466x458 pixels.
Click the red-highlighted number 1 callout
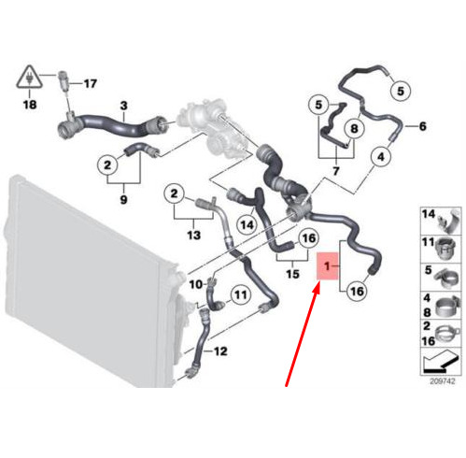(x=327, y=266)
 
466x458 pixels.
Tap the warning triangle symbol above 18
(x=29, y=77)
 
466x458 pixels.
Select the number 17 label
(x=91, y=84)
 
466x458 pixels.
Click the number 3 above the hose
(x=124, y=106)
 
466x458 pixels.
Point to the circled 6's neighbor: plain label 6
(x=422, y=126)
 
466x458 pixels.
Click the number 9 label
(x=123, y=199)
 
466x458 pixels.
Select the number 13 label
(x=193, y=235)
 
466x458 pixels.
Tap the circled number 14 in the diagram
(x=247, y=224)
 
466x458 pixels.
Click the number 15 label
(x=292, y=274)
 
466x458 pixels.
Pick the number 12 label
(x=220, y=351)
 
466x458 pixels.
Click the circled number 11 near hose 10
(x=241, y=294)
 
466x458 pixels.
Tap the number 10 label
(x=196, y=284)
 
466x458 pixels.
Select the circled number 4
(x=381, y=157)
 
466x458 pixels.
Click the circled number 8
(x=354, y=128)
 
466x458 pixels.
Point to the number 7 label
(x=335, y=171)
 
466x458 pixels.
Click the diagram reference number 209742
(x=443, y=381)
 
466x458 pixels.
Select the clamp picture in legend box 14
(x=449, y=221)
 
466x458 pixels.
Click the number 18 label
(x=30, y=105)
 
